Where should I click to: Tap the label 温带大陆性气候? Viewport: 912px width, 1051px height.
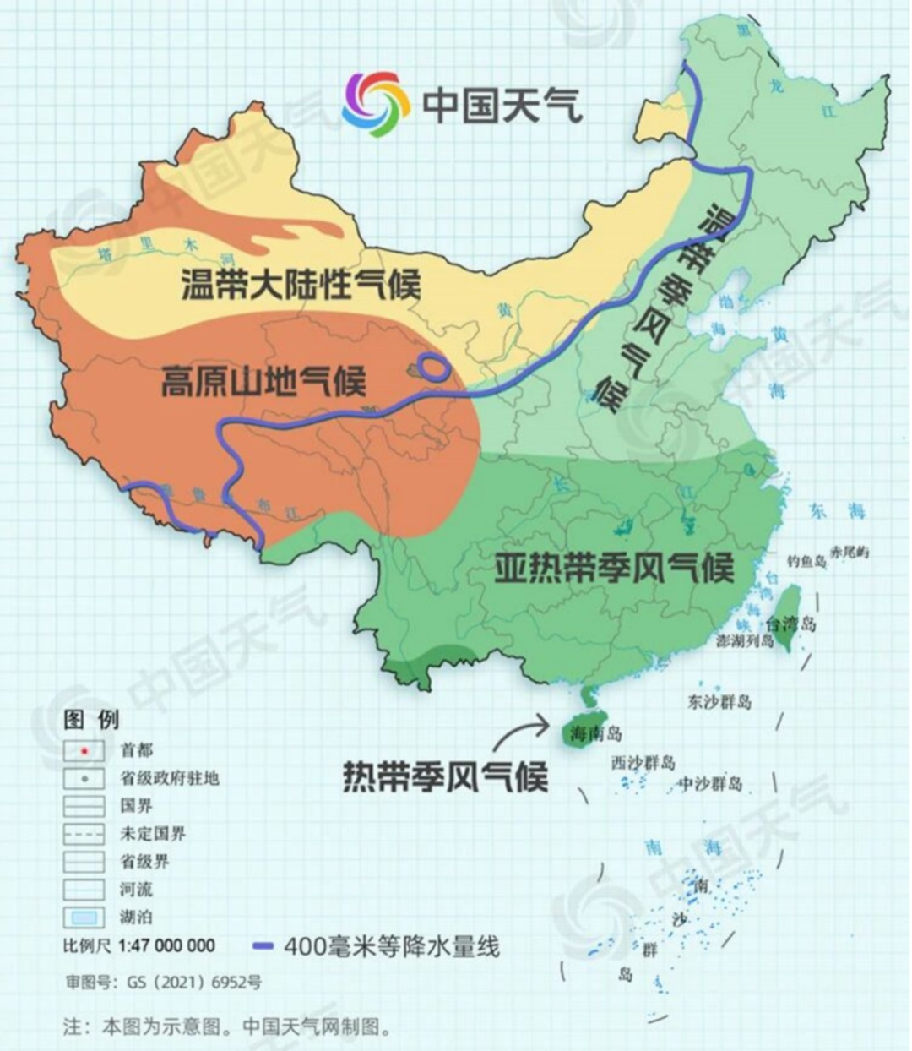(301, 285)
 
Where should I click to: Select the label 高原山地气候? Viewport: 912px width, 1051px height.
(263, 382)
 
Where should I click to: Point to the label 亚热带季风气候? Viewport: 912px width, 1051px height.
(614, 568)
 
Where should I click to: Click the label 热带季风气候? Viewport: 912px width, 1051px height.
(444, 776)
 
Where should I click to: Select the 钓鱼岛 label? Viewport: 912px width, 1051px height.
(806, 561)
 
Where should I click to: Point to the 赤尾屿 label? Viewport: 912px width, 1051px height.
(850, 553)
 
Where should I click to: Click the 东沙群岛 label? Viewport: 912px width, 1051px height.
(719, 701)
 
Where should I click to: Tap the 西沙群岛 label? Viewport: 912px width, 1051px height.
(643, 763)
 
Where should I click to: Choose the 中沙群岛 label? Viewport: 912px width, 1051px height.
(711, 784)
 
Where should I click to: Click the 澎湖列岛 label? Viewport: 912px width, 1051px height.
(745, 641)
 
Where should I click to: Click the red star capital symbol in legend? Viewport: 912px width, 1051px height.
(84, 750)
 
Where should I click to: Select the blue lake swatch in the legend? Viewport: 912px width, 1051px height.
(84, 917)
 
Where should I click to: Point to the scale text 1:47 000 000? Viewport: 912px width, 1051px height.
(166, 945)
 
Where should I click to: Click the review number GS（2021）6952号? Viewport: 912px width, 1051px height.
(164, 983)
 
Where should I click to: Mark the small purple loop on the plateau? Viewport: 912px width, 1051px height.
(434, 368)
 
